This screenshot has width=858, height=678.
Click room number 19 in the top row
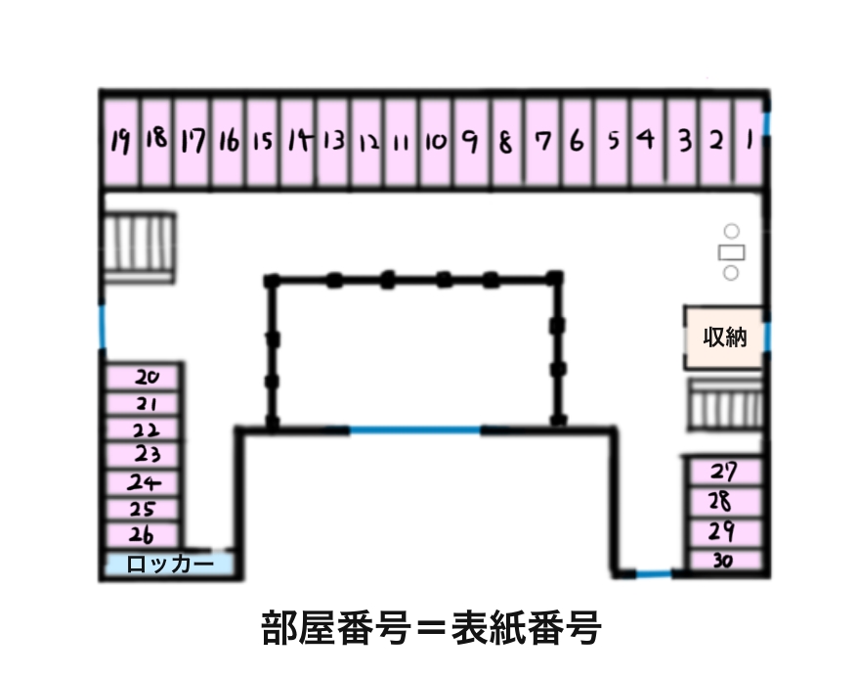click(120, 141)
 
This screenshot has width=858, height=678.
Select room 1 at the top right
click(749, 141)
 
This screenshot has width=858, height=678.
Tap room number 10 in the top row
click(436, 141)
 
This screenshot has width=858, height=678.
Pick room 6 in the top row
click(577, 141)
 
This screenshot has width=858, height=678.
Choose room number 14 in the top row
click(298, 141)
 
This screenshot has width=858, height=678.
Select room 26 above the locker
click(143, 534)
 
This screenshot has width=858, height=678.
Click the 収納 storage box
click(724, 338)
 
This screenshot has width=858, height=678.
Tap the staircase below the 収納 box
click(724, 404)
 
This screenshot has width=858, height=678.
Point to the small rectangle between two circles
click(731, 252)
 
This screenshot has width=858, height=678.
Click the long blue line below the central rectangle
click(414, 429)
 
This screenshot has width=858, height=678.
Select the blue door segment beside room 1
click(768, 124)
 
